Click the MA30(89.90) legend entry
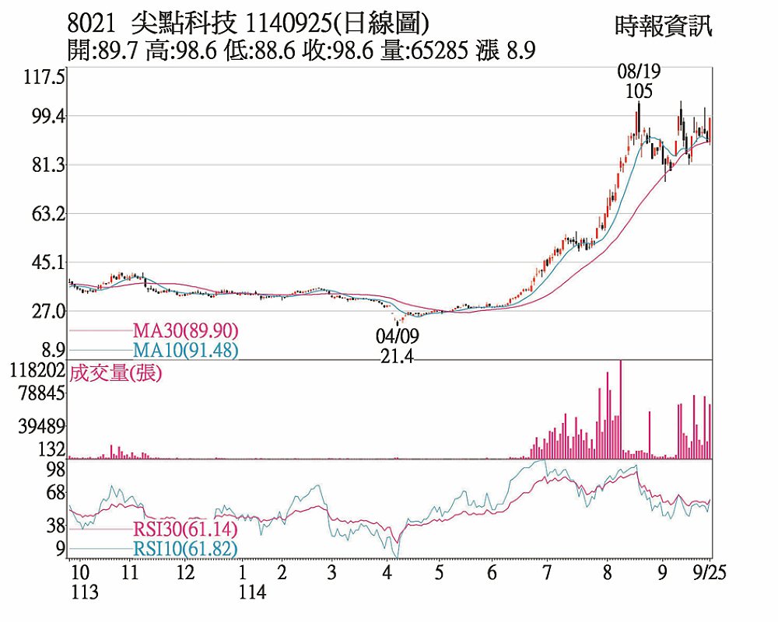pos(185,330)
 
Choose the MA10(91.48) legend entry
pos(185,350)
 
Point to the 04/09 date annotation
pos(397,336)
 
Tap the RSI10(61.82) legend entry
pos(185,549)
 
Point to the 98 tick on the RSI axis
pos(54,469)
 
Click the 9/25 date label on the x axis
pos(709,573)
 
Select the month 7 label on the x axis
pos(547,573)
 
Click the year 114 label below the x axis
pos(252,592)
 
